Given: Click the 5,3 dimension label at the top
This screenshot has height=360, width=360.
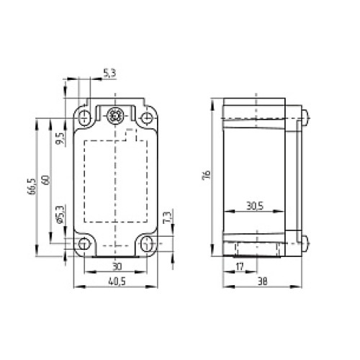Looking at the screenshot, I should pos(109,72).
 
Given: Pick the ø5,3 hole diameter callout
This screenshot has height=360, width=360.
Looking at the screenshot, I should pos(60,215).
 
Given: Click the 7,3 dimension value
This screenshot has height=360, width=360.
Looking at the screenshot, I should pos(167,217).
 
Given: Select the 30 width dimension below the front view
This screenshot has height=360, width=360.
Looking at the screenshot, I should pos(116,267).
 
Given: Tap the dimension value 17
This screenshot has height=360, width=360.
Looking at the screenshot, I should pos(240,267).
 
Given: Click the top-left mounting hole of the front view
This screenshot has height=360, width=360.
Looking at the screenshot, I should pos(86,117).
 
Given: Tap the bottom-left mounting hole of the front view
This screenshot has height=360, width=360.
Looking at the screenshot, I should pos(86,243).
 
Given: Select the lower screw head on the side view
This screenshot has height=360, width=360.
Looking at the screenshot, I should pos(306,242).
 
